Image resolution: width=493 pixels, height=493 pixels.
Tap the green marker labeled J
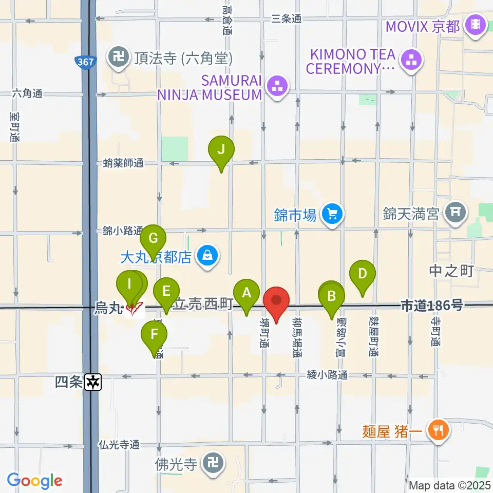[x=221, y=150]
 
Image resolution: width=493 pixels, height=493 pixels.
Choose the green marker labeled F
[x=155, y=334]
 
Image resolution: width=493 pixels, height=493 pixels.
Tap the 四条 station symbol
[x=93, y=382]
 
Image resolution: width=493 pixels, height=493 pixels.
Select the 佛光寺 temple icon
[x=212, y=465]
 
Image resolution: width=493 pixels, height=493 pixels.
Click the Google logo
[x=34, y=481]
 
